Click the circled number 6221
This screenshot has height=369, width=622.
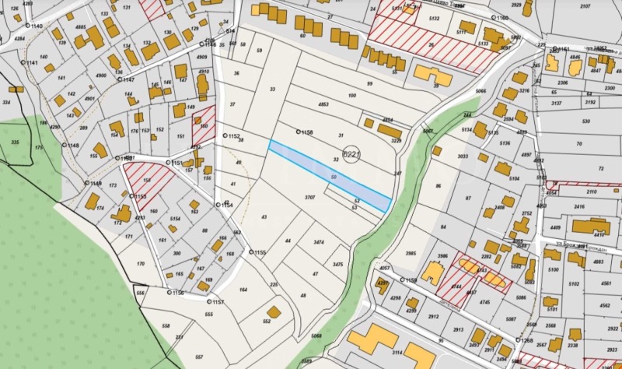pyautogui.click(x=351, y=156)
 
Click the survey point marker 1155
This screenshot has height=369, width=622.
pyautogui.click(x=251, y=252)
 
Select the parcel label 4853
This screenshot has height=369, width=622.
pyautogui.click(x=324, y=104)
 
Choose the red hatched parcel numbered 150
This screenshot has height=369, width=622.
pyautogui.click(x=204, y=123)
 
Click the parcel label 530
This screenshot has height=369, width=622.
pyautogui.click(x=585, y=121)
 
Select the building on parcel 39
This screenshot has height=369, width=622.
pyautogui.click(x=433, y=75)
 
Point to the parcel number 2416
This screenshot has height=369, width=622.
pyautogui.click(x=578, y=208)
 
